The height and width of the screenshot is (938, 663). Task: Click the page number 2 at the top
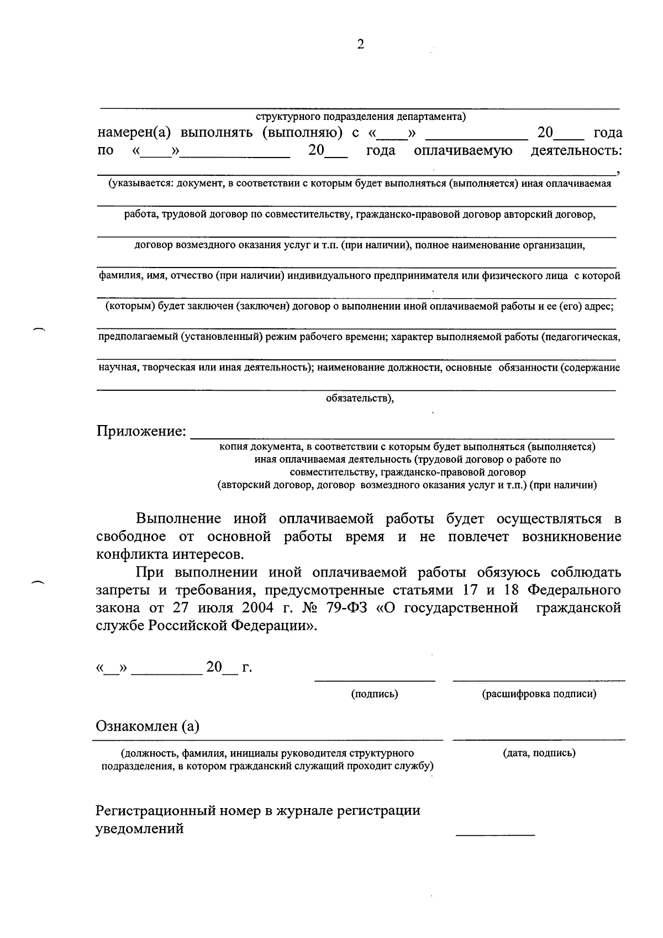coord(360,45)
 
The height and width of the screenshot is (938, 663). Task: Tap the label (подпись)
coord(375,694)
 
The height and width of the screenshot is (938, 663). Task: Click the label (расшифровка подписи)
coord(539,694)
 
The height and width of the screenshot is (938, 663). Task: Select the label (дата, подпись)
coord(539,753)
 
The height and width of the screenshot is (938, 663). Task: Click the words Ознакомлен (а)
coord(148,726)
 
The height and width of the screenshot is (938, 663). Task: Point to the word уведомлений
coord(140,829)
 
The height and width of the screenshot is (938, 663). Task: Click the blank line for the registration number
coord(495,832)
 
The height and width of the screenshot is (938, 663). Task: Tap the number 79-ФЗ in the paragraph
coord(338,608)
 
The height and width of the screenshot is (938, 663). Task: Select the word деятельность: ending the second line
coord(576,151)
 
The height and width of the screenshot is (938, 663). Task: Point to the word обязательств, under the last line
coord(360,398)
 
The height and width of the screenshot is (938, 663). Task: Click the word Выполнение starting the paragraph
coord(178,519)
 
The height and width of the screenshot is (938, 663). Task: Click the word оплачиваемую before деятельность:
coord(463,151)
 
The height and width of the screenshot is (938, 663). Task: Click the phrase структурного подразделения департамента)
coord(361,117)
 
